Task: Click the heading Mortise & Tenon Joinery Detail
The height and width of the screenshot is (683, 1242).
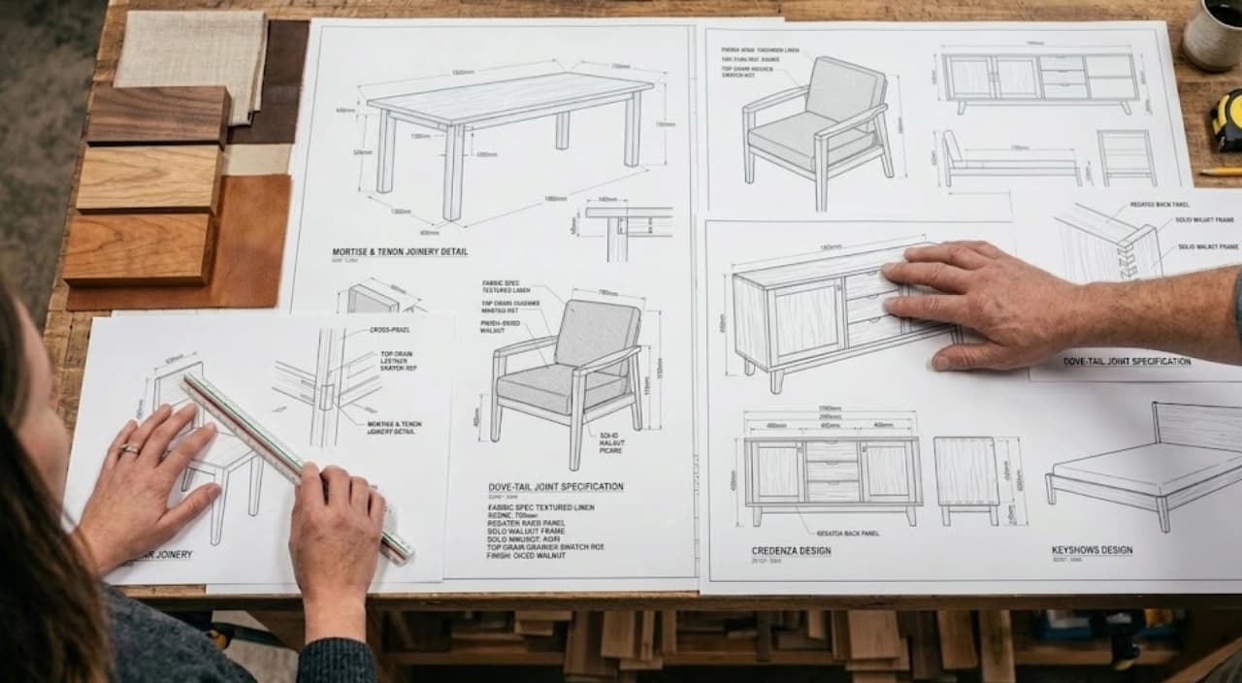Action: click(399, 252)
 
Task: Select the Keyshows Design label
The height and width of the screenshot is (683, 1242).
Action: click(1092, 551)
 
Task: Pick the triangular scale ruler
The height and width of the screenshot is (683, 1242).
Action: click(296, 465)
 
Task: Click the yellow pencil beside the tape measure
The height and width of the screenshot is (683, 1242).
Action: click(1220, 172)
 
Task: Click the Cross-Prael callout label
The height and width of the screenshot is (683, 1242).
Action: click(389, 330)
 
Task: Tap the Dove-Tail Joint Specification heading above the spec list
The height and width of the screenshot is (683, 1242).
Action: click(555, 487)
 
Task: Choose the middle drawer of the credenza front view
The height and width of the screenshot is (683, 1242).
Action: click(832, 470)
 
